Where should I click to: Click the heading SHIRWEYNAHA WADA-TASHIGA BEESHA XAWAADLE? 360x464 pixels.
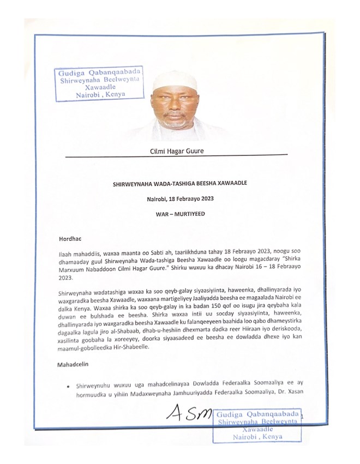[179, 184]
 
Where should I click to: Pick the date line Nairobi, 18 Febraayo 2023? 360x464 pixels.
[179, 199]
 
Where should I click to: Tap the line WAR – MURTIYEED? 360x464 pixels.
[179, 214]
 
